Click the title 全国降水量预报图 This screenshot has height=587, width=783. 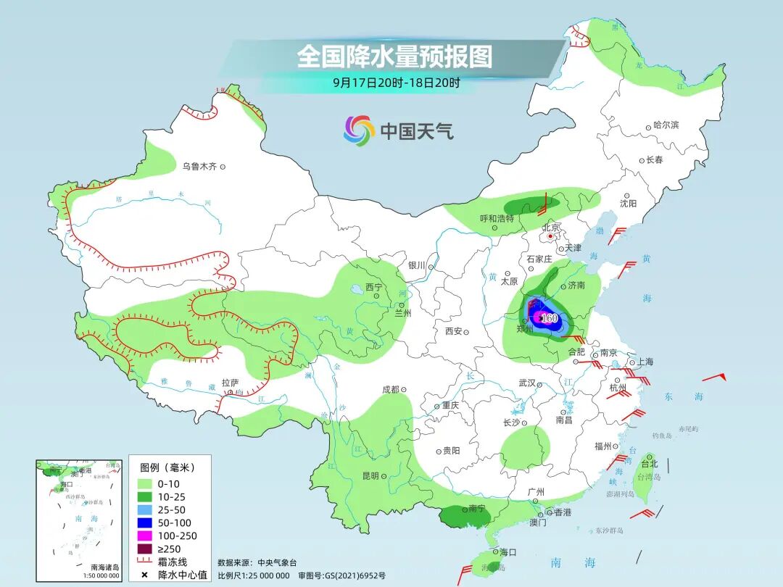point(394,57)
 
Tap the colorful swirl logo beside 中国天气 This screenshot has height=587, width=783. point(359,131)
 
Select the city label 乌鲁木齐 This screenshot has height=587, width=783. point(199,167)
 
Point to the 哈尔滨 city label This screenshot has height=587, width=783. point(666,125)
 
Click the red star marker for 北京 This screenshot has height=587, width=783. point(551,236)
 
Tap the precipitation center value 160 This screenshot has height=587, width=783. point(549,318)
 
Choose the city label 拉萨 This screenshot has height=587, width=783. point(230,383)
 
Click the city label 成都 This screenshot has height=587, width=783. point(390,389)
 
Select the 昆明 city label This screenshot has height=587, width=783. point(370,475)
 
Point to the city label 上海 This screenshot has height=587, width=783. point(645,362)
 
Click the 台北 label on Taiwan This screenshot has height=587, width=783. point(649,464)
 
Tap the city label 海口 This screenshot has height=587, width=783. point(507,552)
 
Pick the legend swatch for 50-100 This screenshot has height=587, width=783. point(144,523)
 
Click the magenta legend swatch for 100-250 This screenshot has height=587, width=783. point(144,536)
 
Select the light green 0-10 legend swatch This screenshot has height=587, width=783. point(144,483)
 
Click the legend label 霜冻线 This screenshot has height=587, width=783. point(170,562)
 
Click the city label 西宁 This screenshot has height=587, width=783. point(373,287)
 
